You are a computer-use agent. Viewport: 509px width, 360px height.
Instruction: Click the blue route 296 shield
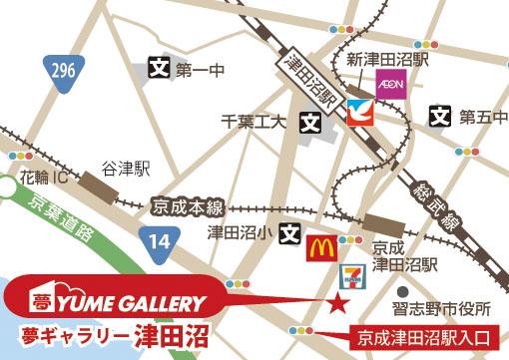pyautogui.click(x=61, y=73)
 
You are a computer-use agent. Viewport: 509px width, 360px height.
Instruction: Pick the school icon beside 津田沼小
pyautogui.click(x=289, y=234)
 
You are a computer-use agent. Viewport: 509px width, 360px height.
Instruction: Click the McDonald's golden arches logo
pyautogui.click(x=319, y=245)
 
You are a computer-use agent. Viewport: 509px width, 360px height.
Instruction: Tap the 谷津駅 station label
pyautogui.click(x=126, y=169)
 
